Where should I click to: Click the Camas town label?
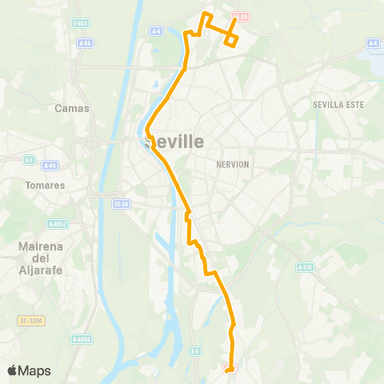pos(71,108)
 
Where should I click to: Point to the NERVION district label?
pos(233,164)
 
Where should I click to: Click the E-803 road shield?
pos(80,24)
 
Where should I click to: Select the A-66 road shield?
pos(86,42)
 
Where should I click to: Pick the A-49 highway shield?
pos(50,166)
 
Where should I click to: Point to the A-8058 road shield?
pos(82,339)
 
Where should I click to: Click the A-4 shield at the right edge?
pos(373,42)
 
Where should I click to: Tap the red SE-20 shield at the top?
pos(240,16)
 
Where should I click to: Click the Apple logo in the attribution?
pos(12,370)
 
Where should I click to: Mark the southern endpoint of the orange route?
pos(230,369)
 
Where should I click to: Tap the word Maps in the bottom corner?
pos(34,370)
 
